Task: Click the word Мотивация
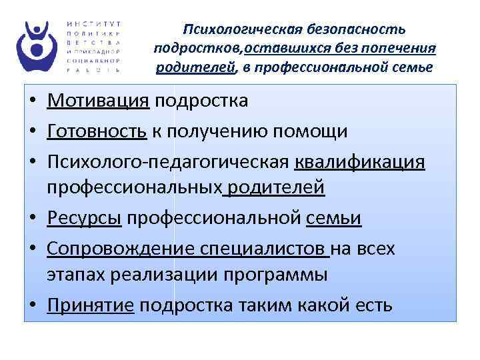tap(97, 101)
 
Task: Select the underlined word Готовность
tap(97, 131)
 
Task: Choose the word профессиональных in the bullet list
tap(135, 188)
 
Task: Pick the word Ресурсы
tap(85, 219)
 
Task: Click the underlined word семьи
tap(335, 219)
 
